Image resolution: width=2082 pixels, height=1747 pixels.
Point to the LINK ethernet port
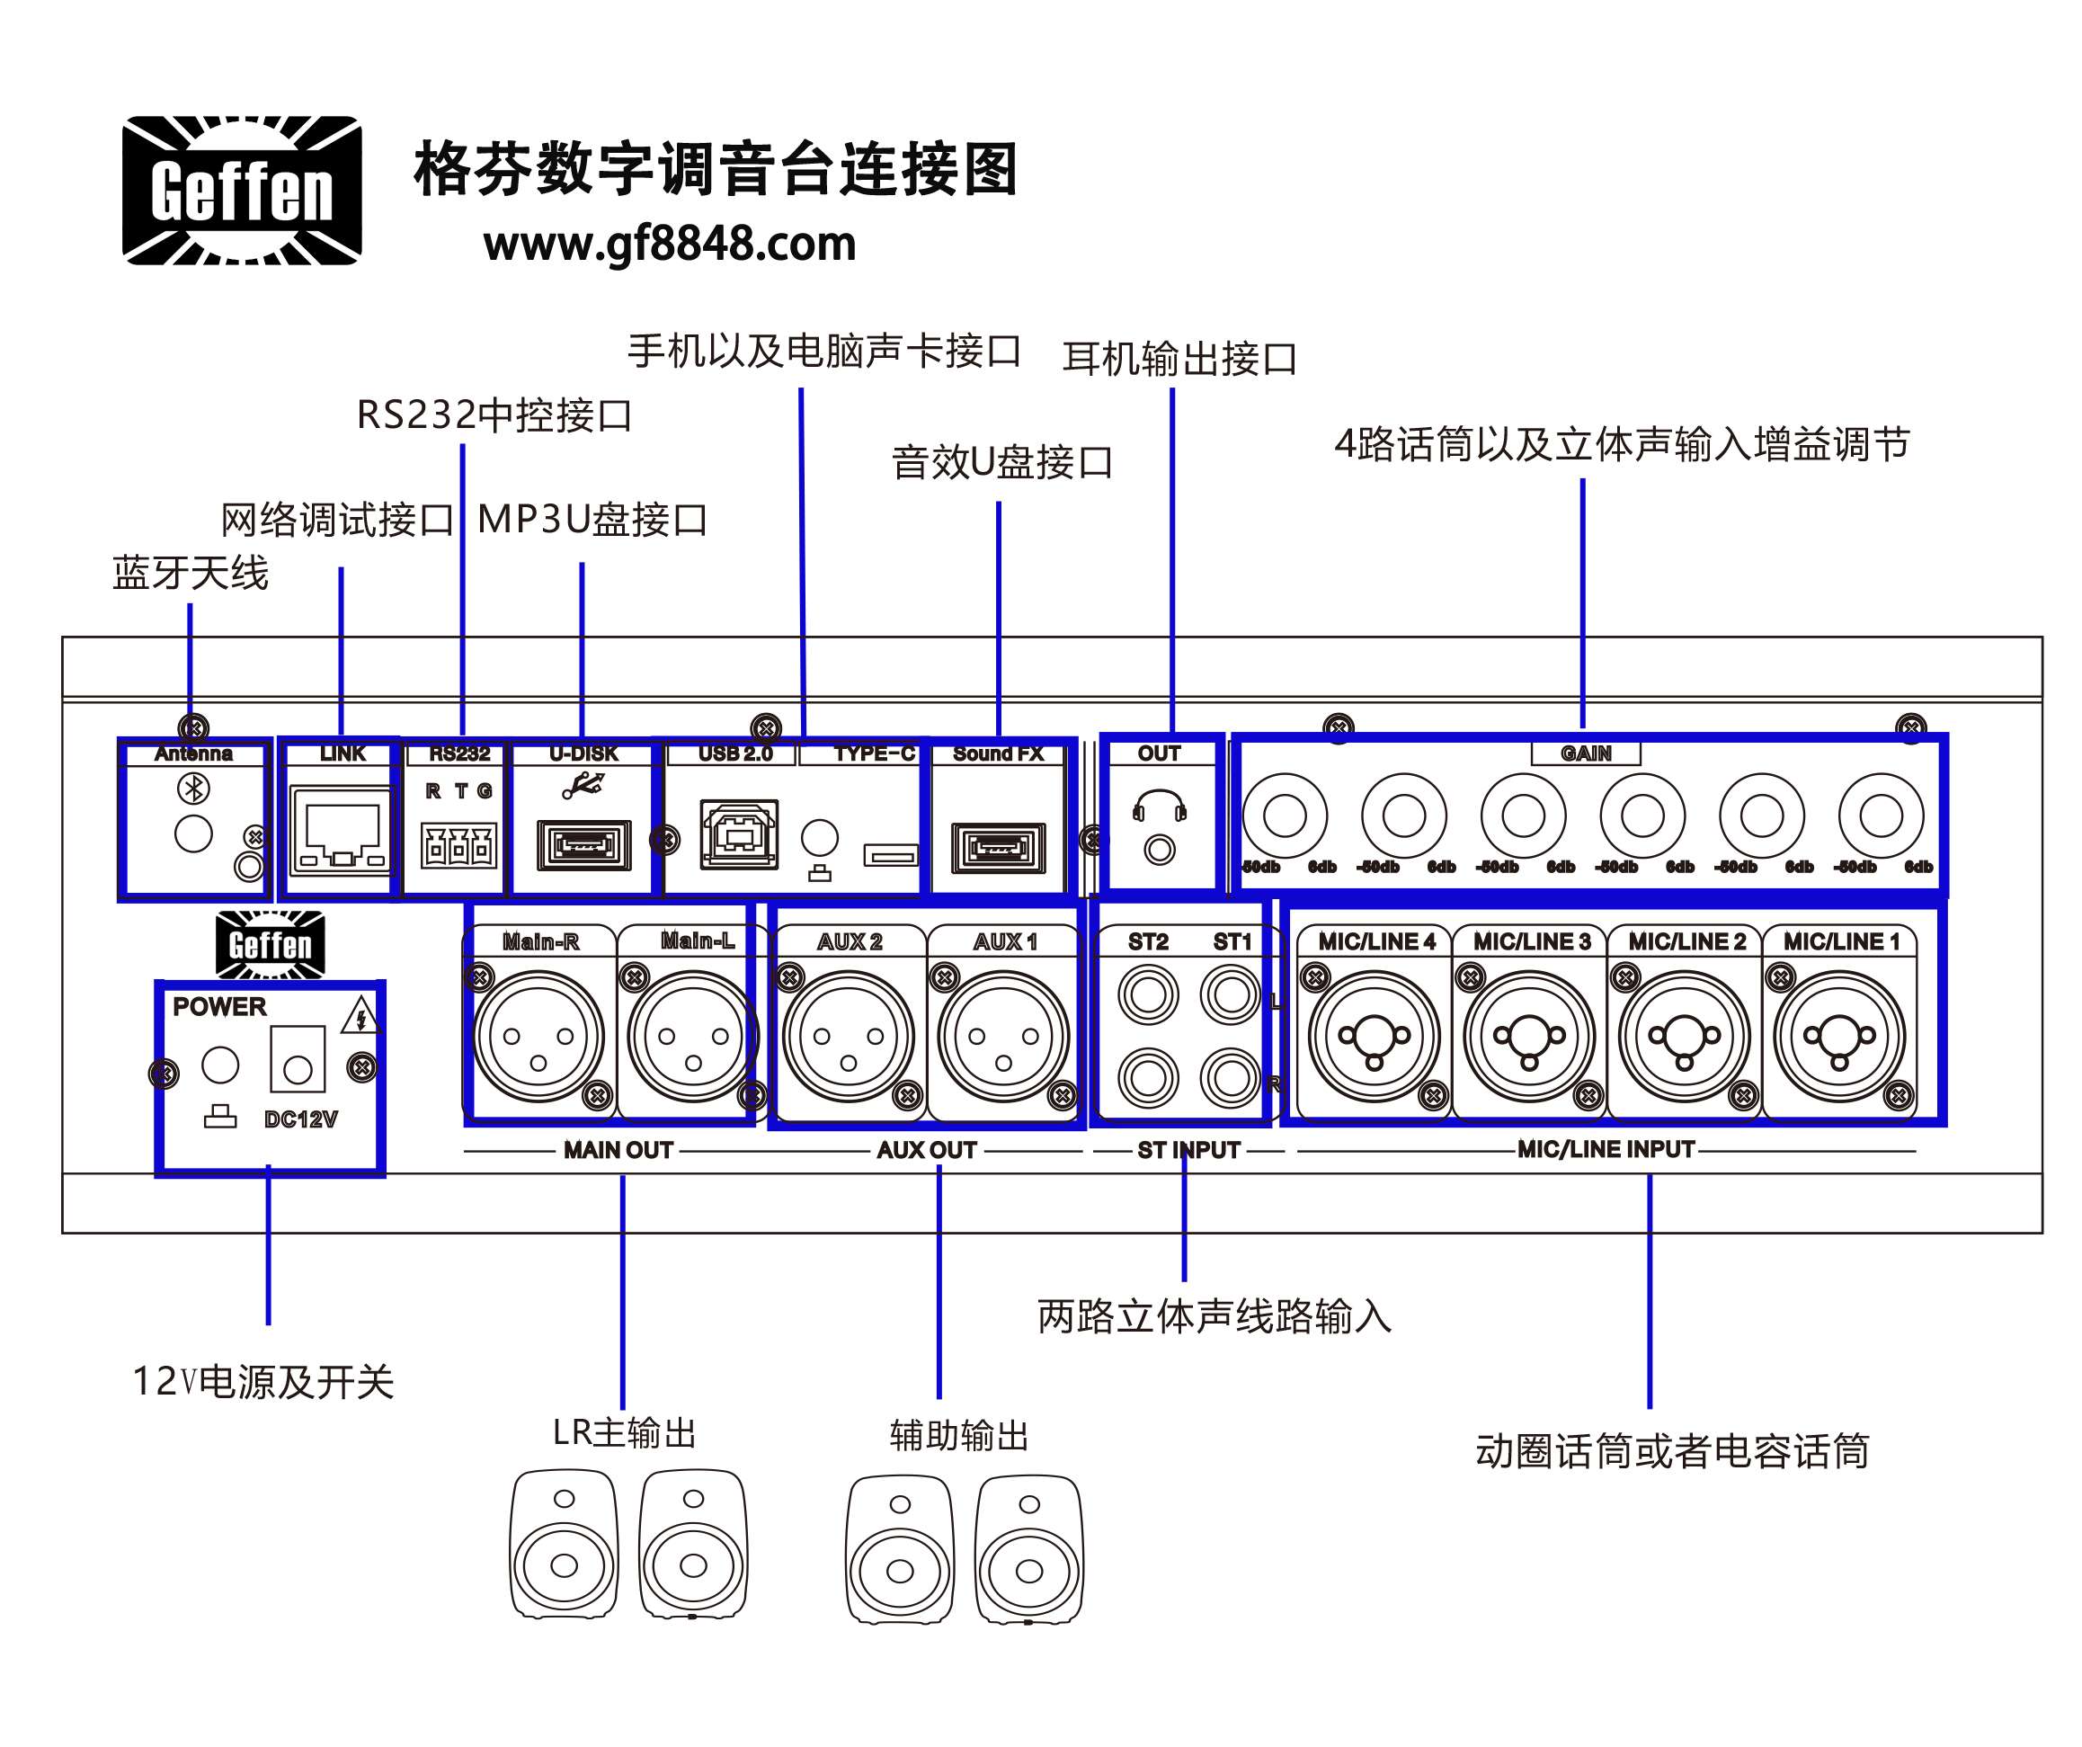(341, 831)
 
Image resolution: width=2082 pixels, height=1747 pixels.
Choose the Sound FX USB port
(999, 848)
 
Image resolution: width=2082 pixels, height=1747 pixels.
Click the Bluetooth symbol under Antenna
(193, 789)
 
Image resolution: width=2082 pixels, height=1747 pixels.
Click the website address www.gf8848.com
(669, 244)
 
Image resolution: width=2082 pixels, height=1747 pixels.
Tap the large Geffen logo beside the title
(242, 191)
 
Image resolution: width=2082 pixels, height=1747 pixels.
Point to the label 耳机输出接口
(1179, 359)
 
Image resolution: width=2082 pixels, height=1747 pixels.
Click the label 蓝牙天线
(191, 573)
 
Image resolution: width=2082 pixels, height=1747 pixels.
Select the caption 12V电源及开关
(263, 1381)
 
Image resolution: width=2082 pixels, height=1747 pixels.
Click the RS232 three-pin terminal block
(458, 846)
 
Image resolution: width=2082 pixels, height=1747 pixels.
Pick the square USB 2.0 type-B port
(739, 834)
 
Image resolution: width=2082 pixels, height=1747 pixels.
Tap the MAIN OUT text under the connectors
(618, 1150)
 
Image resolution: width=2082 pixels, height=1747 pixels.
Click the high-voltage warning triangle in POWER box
(360, 1017)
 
